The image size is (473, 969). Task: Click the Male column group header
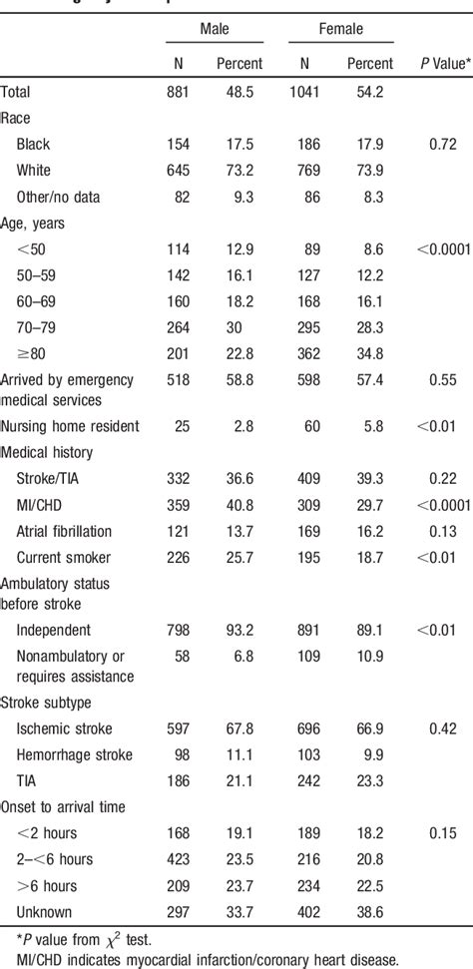point(214,30)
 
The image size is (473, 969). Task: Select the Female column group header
point(341,30)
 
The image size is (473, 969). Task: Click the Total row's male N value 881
point(179,92)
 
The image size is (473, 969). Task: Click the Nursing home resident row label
point(70,426)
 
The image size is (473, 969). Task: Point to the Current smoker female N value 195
point(308,556)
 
